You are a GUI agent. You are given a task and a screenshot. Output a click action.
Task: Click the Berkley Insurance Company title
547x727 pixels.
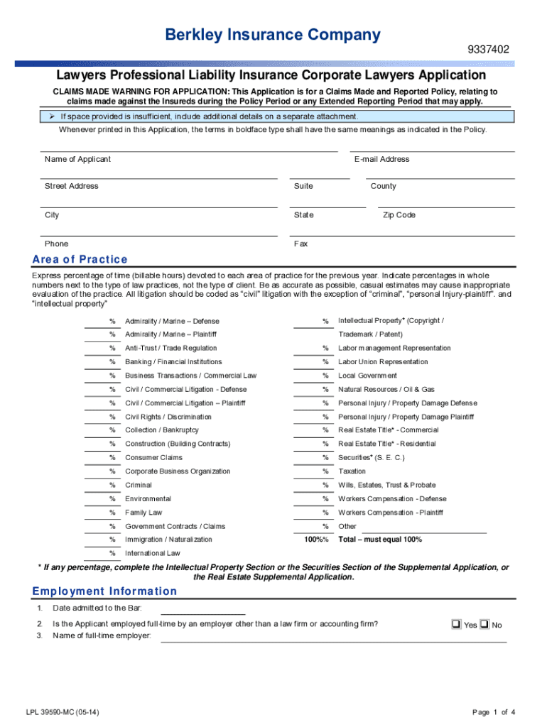(273, 34)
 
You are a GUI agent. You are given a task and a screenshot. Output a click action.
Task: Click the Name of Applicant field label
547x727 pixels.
(77, 159)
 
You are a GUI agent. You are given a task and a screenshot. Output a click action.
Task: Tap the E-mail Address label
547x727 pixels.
(381, 159)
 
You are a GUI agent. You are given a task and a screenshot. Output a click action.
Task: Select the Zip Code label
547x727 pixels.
(399, 215)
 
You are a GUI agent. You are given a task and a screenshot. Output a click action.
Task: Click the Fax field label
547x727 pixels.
(300, 244)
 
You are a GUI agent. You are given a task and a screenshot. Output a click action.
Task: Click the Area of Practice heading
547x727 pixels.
(80, 259)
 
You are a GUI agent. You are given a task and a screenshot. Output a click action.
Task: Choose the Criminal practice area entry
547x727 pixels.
(139, 485)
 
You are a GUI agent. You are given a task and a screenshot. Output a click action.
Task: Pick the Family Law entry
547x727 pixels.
(143, 513)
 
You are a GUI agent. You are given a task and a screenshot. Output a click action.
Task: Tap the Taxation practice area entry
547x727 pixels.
(352, 471)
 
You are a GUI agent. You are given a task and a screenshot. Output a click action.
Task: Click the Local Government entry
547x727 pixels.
(367, 376)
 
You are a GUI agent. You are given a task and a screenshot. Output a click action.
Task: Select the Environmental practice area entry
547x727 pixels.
(148, 499)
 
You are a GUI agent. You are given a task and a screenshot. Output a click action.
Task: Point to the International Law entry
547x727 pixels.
(153, 553)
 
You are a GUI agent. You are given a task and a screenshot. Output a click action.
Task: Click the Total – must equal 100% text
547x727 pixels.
(380, 540)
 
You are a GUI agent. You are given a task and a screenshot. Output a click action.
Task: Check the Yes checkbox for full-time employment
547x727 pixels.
(455, 625)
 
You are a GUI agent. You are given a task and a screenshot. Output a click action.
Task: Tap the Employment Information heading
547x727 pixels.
(104, 591)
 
